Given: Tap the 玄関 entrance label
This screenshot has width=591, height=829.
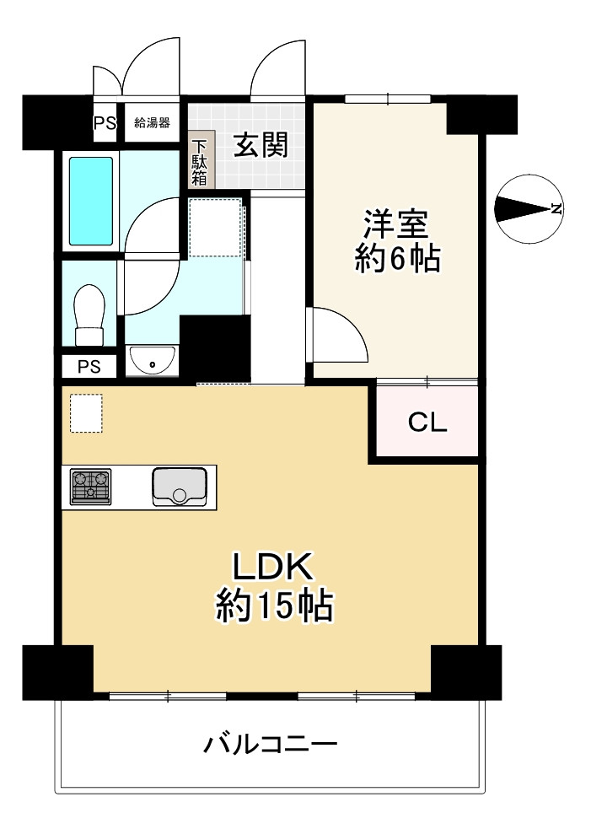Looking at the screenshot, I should click(261, 146).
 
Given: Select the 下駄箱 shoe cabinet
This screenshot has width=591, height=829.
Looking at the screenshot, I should click(200, 163).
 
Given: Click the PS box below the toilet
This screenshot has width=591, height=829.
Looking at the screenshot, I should click(89, 367).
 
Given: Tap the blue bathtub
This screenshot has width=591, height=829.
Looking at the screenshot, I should click(90, 200).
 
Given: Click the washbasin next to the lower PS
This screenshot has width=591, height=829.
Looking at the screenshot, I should click(153, 360).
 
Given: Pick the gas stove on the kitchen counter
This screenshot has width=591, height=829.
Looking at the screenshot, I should click(90, 487).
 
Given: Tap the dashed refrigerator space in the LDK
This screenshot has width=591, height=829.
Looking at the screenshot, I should click(86, 413).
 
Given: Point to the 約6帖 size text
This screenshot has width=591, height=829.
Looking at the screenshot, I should click(396, 259).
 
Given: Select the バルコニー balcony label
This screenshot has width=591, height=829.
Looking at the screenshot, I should click(270, 744).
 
